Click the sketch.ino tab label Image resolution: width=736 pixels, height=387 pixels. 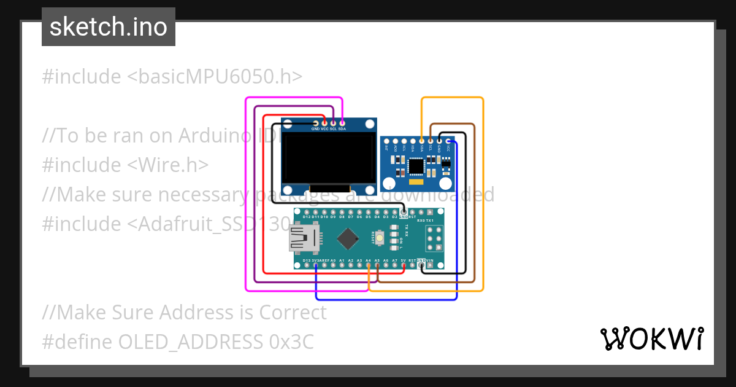pyautogui.click(x=109, y=27)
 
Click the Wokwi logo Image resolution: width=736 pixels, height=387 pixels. pyautogui.click(x=651, y=338)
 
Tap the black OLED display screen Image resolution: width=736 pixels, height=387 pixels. pyautogui.click(x=329, y=157)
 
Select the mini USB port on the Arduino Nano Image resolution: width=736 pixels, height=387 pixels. pyautogui.click(x=305, y=238)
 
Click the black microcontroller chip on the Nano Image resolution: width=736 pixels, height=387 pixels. pyautogui.click(x=348, y=239)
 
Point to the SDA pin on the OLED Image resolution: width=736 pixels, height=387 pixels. pyautogui.click(x=342, y=123)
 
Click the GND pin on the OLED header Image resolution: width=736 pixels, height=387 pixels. pyautogui.click(x=315, y=123)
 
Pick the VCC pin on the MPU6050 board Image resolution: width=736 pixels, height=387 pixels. pyautogui.click(x=448, y=141)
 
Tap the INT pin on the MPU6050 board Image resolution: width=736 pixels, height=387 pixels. pyautogui.click(x=386, y=141)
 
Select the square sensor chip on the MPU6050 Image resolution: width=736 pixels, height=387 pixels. pyautogui.click(x=417, y=166)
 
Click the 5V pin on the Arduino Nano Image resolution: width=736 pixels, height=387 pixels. pyautogui.click(x=403, y=265)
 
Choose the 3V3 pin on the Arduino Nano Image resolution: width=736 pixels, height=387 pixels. pyautogui.click(x=315, y=265)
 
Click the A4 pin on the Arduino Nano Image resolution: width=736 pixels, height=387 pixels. pyautogui.click(x=368, y=265)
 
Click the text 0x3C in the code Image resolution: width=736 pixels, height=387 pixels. pyautogui.click(x=291, y=342)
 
